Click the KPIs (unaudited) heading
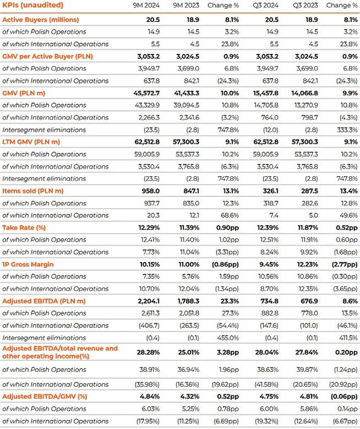point(32,5)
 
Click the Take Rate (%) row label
point(27,227)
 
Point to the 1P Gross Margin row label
point(28,264)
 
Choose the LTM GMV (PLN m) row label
point(32,142)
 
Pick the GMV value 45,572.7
point(147,93)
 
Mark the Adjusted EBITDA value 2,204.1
point(149,301)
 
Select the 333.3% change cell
point(347,130)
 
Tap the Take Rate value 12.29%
point(150,227)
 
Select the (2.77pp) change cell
point(342,264)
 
